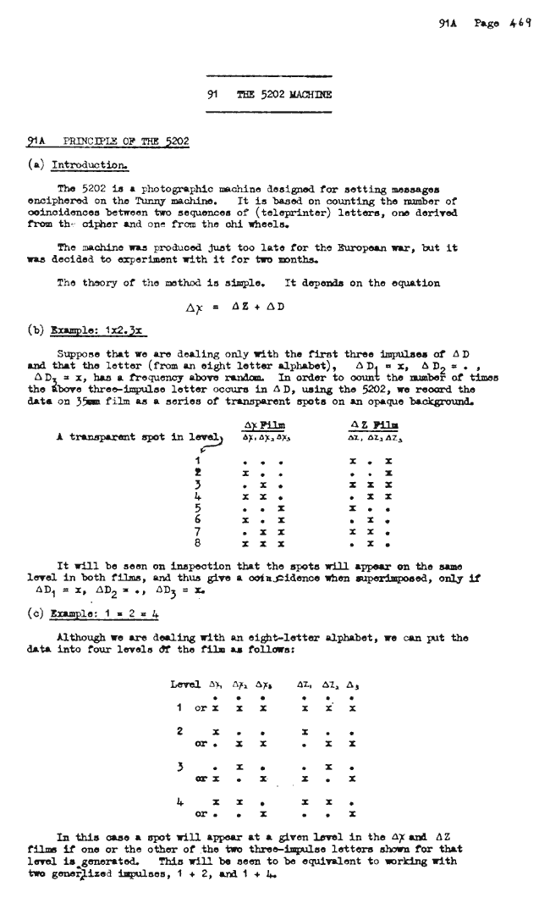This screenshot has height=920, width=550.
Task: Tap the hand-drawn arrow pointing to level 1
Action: pos(202,428)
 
